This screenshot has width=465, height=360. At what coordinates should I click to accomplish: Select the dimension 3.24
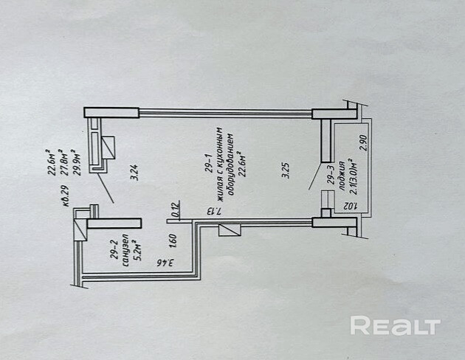pos(134,177)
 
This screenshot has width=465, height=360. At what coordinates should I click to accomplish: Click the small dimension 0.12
pos(175,209)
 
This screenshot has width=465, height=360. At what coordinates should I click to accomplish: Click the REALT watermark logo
pos(395,326)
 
